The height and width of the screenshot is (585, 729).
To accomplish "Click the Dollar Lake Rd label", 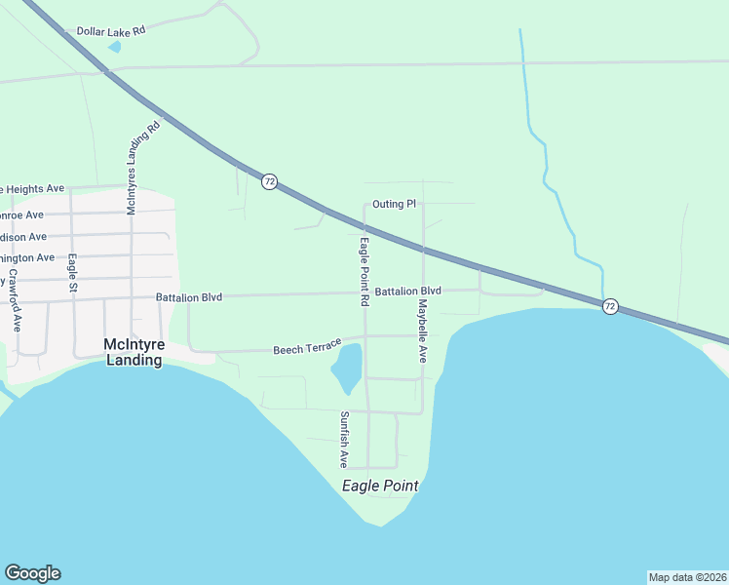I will [x=111, y=31].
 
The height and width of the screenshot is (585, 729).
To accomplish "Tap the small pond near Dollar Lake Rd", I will [x=116, y=46].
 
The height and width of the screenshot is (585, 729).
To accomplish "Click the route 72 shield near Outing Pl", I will [x=270, y=181].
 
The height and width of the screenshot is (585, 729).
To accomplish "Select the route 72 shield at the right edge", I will [x=610, y=306].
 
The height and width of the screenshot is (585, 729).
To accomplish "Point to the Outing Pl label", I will [x=395, y=205].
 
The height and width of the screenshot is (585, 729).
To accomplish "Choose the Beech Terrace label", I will [x=307, y=348].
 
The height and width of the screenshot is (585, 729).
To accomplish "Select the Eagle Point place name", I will [x=380, y=486].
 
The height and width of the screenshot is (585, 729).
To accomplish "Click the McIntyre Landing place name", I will [x=134, y=352].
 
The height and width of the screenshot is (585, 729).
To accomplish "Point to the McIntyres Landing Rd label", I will [x=142, y=169].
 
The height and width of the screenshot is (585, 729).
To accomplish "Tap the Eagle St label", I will [x=72, y=274].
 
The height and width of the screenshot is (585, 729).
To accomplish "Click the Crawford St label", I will [x=15, y=298].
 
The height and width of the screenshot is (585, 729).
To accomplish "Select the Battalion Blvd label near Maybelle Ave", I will [x=408, y=292].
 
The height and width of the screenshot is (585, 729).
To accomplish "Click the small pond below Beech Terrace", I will [x=348, y=369].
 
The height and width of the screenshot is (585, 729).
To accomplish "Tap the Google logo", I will [x=32, y=573].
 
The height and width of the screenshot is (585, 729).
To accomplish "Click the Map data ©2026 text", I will [x=687, y=577].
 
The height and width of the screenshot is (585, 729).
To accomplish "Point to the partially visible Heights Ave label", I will [x=33, y=188].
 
